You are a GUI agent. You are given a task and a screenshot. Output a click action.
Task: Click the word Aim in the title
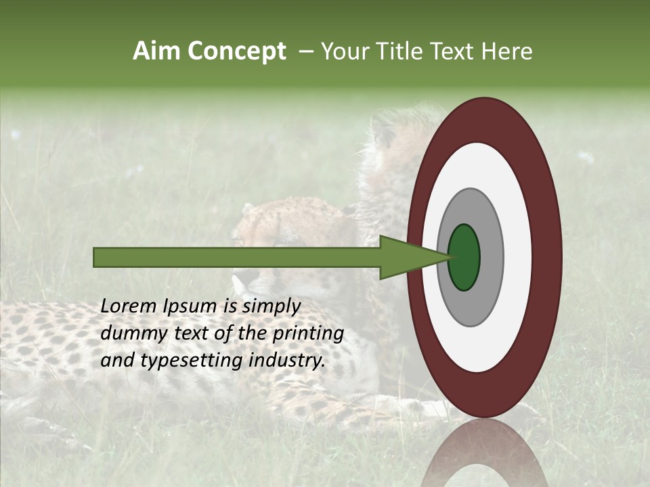pyautogui.click(x=156, y=51)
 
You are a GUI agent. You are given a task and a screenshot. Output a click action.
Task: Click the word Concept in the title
pyautogui.click(x=236, y=51)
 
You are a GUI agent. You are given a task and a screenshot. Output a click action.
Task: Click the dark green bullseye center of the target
pyautogui.click(x=464, y=257)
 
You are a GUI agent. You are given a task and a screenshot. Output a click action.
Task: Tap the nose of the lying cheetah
pyautogui.click(x=237, y=279)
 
